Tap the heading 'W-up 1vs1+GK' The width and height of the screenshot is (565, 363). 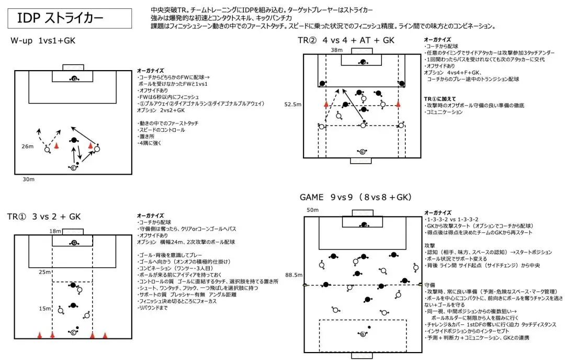[42, 40]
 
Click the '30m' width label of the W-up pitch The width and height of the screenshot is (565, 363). [28, 179]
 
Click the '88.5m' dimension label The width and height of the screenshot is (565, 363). [293, 275]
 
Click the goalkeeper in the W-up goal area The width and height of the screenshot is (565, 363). [74, 79]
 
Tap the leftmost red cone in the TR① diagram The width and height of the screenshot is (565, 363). [39, 335]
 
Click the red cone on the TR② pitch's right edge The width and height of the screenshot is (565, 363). [398, 104]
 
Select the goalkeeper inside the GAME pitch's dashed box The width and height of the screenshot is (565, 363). [362, 333]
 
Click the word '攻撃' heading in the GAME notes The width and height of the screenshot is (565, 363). [430, 244]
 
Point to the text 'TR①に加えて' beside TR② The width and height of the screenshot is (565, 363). [440, 98]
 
